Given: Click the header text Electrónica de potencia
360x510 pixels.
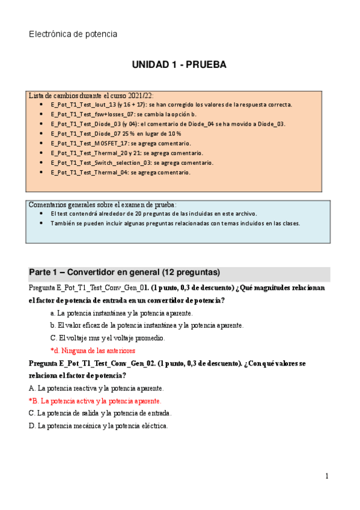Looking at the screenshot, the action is point(73,34).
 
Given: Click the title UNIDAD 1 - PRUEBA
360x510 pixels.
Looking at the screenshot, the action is point(179,65).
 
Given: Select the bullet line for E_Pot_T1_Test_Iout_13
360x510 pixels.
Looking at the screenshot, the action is point(171,104).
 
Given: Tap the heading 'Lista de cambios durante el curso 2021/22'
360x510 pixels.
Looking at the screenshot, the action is point(91,95).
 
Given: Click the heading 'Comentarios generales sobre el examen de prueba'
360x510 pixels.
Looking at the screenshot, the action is point(103,204).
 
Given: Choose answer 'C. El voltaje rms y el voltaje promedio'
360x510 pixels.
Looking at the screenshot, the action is point(108,337).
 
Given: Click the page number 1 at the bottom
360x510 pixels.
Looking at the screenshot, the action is point(327,476).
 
